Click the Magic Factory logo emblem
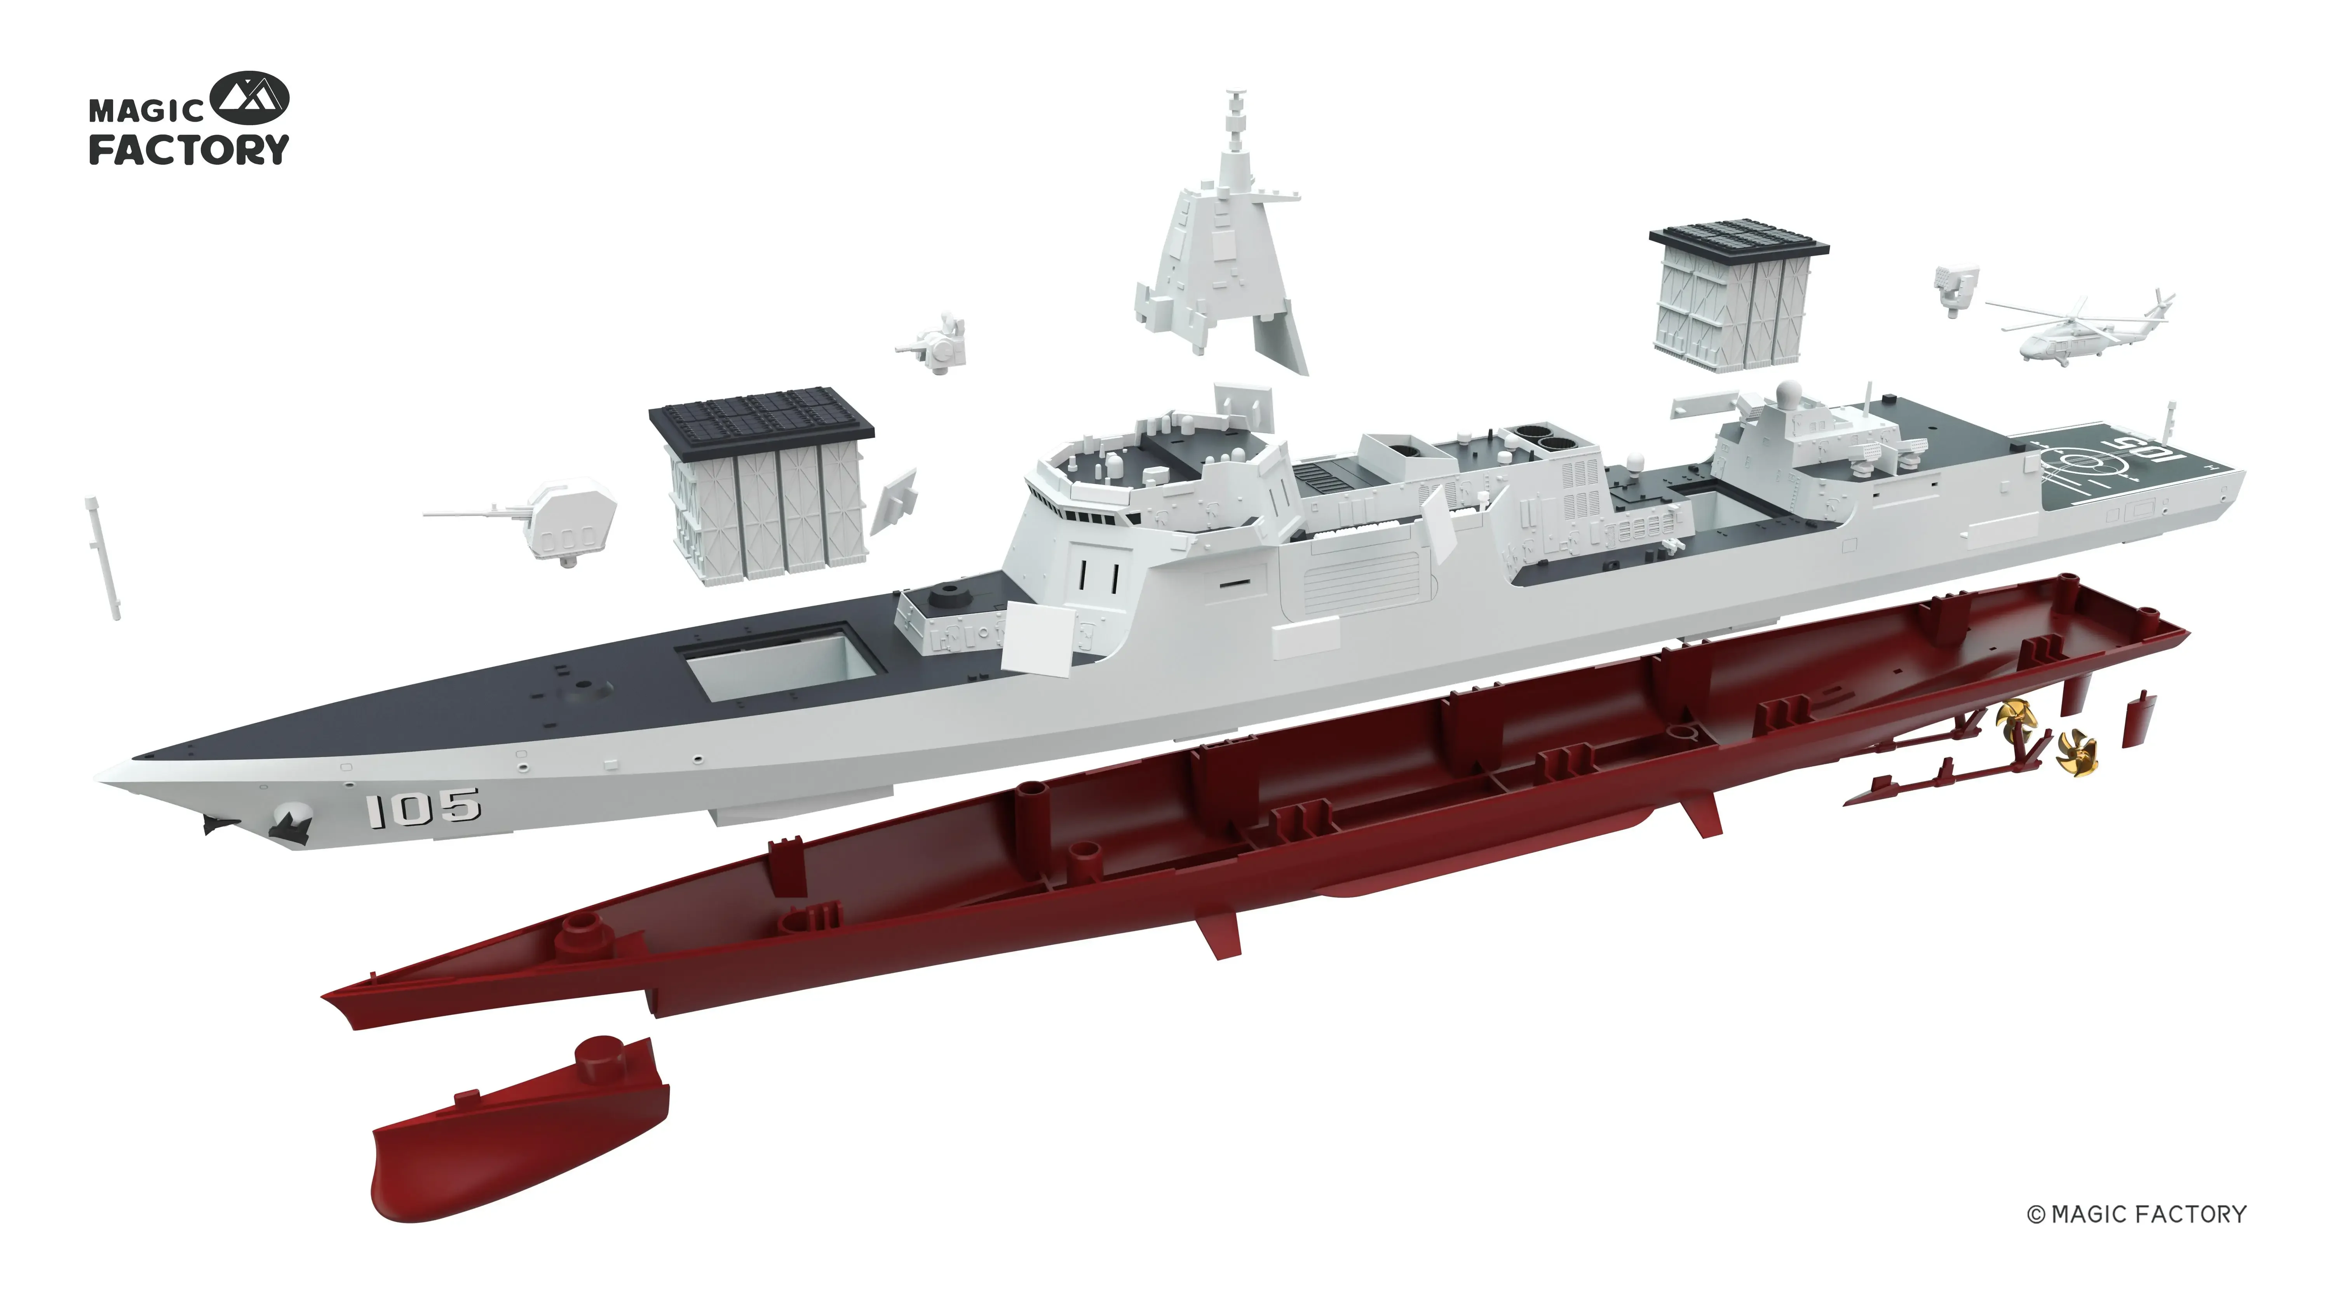click(x=250, y=99)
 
